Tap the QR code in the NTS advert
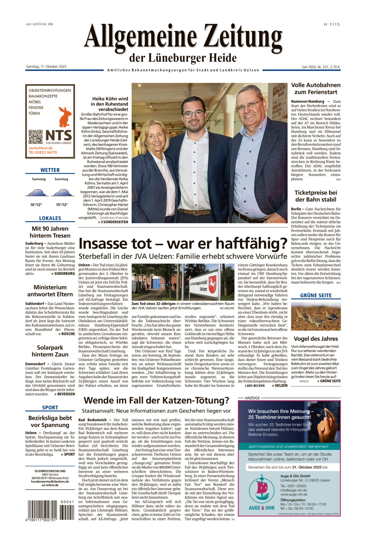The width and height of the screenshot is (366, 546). (x=35, y=136)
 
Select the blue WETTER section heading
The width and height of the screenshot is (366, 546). (x=50, y=170)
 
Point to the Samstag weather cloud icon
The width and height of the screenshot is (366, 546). (x=36, y=193)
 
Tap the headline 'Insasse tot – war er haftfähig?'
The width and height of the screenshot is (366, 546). (x=183, y=244)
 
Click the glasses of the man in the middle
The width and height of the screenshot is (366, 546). (x=193, y=113)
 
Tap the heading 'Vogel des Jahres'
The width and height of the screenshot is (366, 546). (x=316, y=339)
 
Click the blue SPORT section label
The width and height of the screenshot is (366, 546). (x=50, y=407)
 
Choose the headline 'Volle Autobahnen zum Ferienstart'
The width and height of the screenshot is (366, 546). (x=316, y=88)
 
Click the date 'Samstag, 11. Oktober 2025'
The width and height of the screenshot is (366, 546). (x=46, y=66)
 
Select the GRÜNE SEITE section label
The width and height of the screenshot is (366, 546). (x=316, y=295)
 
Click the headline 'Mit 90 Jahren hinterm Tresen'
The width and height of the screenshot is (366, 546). (x=50, y=232)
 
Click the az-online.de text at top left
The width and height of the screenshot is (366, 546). (x=40, y=24)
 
